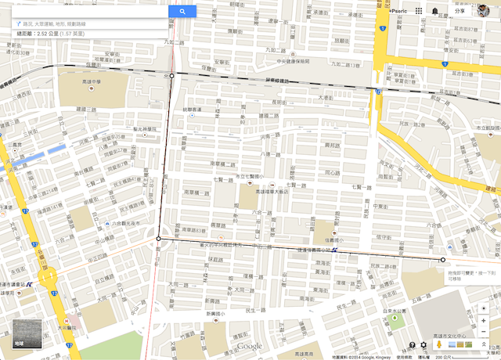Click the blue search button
pos(182,12)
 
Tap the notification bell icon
pos(435,11)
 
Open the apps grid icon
pos(419,11)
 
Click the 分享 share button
pos(460,11)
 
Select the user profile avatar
pos(484,10)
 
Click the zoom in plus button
pos(485,309)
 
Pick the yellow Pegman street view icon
pos(441,344)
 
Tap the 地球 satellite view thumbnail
pos(27,334)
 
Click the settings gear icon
pos(424,344)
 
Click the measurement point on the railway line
pos(172,76)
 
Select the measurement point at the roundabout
pos(159,238)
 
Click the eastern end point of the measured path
pos(443,259)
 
